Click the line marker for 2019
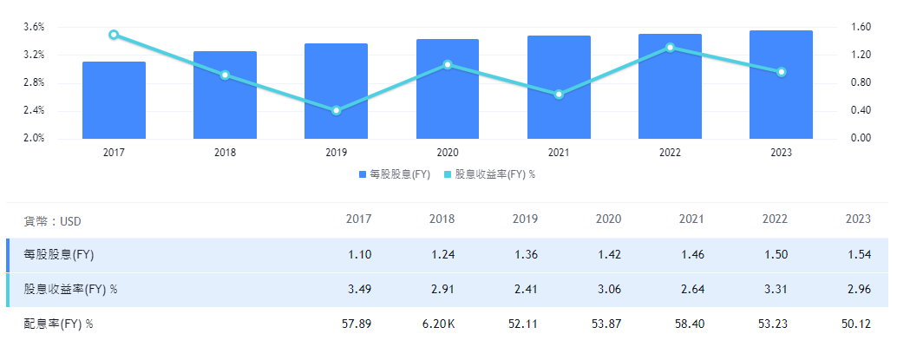(x=337, y=110)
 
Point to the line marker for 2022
(x=670, y=47)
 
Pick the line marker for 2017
(x=114, y=35)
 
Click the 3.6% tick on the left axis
(x=34, y=28)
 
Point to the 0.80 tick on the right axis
(x=858, y=83)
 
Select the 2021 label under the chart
(x=559, y=153)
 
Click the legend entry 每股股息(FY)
(x=395, y=174)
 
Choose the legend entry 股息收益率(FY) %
(x=490, y=174)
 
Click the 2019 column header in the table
(x=525, y=219)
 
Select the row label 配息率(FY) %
(x=59, y=324)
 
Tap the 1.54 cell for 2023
(x=858, y=255)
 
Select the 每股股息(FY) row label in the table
(x=59, y=255)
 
